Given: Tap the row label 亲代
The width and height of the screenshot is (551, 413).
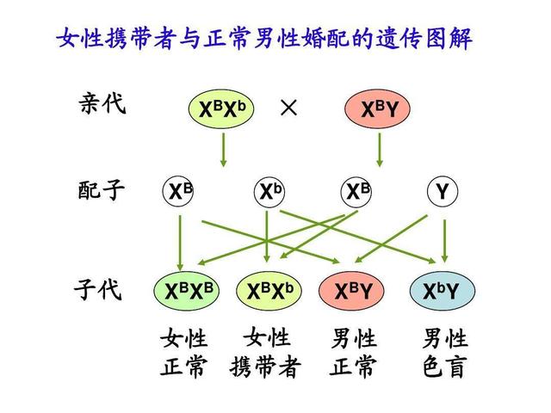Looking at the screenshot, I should pyautogui.click(x=102, y=106).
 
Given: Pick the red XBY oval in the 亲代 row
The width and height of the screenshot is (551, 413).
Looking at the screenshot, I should pyautogui.click(x=379, y=109).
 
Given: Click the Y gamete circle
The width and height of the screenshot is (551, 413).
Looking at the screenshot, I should pyautogui.click(x=442, y=192).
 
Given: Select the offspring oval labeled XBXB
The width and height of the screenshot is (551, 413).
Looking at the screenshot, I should pyautogui.click(x=183, y=292).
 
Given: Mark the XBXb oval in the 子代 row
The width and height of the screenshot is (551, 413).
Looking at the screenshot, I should pyautogui.click(x=270, y=292).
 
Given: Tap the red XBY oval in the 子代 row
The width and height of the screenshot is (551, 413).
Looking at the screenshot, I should pyautogui.click(x=354, y=292).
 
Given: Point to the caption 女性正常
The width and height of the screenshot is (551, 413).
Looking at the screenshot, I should pyautogui.click(x=183, y=353).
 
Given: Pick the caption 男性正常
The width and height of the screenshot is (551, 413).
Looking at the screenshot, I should pyautogui.click(x=353, y=353).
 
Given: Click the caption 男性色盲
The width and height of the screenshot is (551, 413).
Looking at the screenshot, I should pyautogui.click(x=445, y=353).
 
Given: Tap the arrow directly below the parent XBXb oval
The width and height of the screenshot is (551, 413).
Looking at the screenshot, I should pyautogui.click(x=223, y=151).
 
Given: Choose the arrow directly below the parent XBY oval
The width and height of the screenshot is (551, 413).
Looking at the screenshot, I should pyautogui.click(x=380, y=151).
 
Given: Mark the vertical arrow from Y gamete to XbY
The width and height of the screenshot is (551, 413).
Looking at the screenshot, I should pyautogui.click(x=444, y=241).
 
